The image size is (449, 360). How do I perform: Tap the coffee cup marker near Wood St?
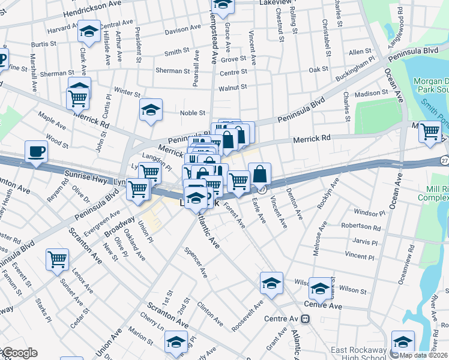(36, 152)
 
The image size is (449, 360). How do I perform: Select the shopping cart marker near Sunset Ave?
(58, 259)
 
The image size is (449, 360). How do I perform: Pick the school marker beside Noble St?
(151, 110)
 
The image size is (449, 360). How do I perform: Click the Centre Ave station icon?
(305, 319)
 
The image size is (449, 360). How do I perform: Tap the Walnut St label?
(232, 88)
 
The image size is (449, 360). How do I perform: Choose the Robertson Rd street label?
(361, 227)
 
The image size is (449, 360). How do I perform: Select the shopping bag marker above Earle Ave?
(259, 175)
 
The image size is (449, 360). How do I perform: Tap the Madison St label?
(372, 94)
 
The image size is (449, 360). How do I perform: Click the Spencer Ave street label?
(196, 263)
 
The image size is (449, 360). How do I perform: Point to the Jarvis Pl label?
(365, 242)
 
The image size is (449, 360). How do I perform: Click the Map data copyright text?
(424, 355)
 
